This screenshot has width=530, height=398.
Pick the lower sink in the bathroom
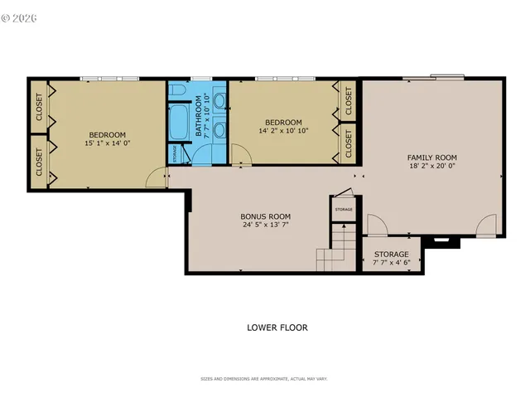click(x=219, y=129)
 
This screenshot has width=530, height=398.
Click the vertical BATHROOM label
click(x=200, y=119)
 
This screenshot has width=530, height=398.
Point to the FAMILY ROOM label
click(x=431, y=158)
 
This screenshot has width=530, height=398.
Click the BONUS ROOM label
click(x=266, y=216)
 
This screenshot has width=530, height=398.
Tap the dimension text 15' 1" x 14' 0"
click(x=108, y=143)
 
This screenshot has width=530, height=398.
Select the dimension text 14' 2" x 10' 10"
click(x=283, y=130)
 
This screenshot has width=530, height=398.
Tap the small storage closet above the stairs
click(x=344, y=208)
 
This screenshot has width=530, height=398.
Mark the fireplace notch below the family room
click(x=440, y=242)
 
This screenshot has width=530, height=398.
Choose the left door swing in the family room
click(x=375, y=225)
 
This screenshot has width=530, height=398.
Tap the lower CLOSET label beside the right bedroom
click(x=348, y=143)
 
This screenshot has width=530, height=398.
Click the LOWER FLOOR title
click(x=277, y=328)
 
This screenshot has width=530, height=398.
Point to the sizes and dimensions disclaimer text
click(x=264, y=379)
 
